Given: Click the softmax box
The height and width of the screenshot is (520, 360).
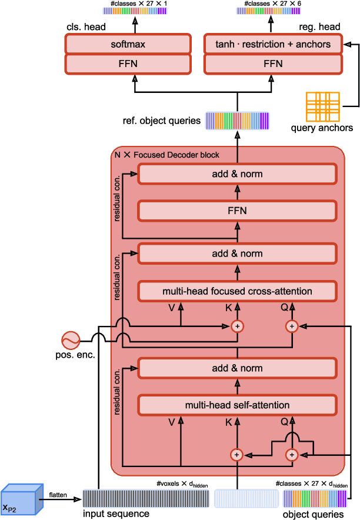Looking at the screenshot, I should [x=128, y=44].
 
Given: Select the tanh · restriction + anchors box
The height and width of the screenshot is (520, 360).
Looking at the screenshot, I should [x=273, y=44].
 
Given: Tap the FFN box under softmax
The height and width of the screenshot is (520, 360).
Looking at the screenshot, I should [x=128, y=63].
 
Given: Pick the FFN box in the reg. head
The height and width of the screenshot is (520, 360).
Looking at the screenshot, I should [x=273, y=63].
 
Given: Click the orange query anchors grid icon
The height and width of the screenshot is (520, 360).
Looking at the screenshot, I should [x=322, y=107].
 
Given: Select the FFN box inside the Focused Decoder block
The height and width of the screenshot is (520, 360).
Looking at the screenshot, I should [x=237, y=210].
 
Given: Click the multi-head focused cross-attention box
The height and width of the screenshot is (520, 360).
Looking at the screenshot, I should [x=237, y=291].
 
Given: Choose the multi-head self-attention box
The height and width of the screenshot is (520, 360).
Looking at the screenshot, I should [x=237, y=405].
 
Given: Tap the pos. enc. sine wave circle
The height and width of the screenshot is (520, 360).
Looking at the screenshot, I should [x=71, y=340].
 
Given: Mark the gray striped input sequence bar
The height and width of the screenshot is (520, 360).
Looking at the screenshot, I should [x=116, y=499].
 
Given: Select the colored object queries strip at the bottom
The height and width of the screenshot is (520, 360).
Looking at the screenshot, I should [x=316, y=499].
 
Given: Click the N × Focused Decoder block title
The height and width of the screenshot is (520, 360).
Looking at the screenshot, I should [x=167, y=155].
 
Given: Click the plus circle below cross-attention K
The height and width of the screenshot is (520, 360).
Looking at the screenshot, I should [x=237, y=326].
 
